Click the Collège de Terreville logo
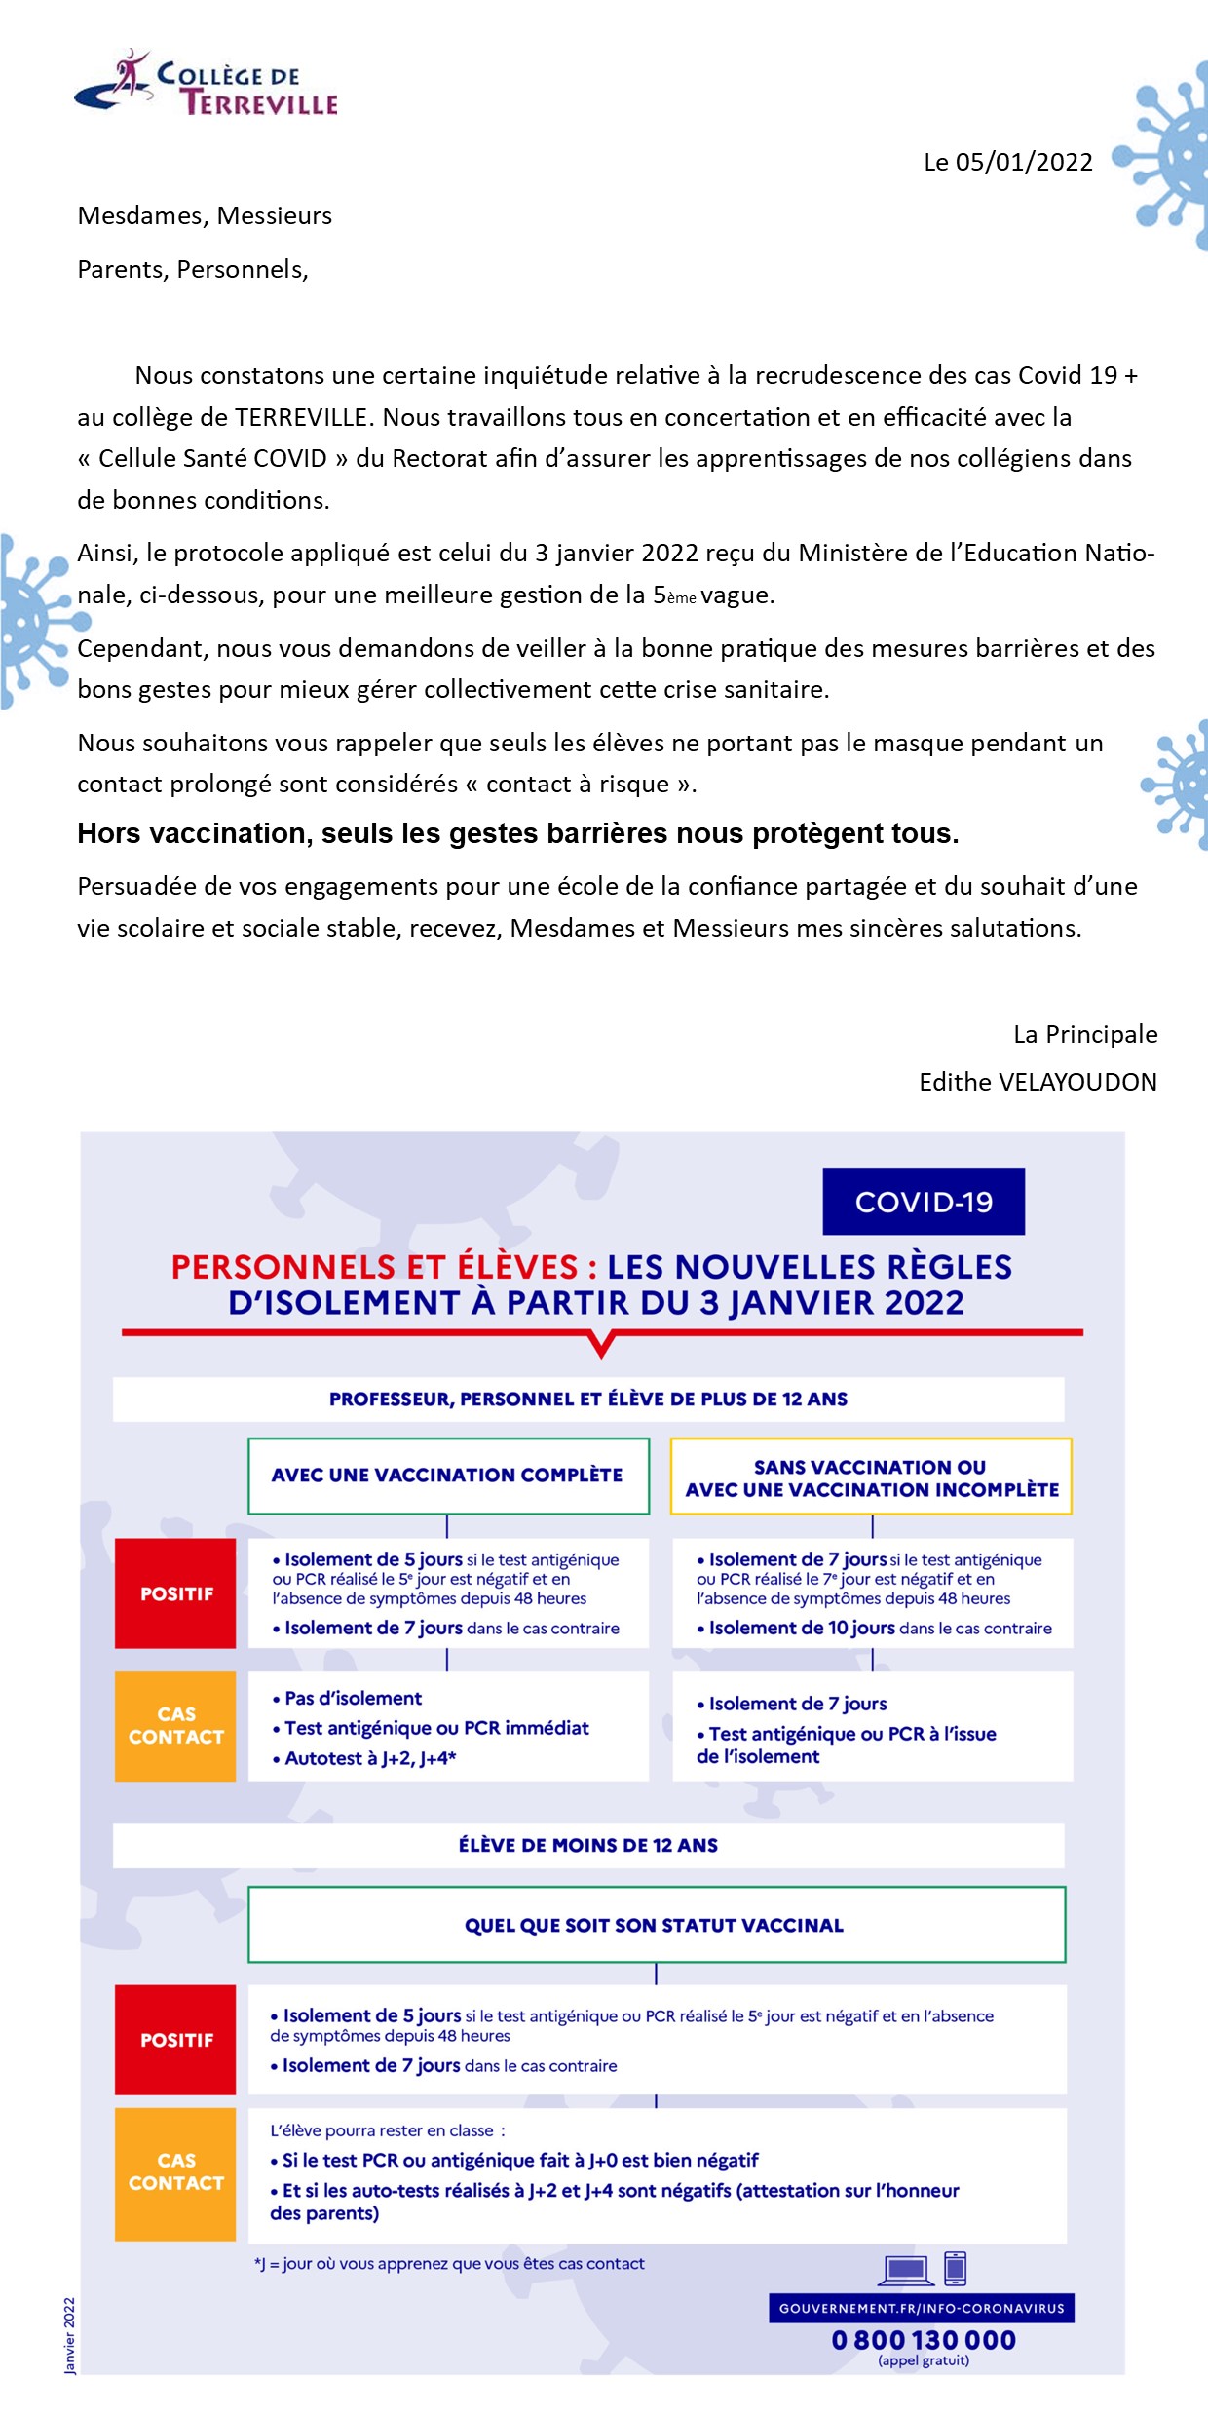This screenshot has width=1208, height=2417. point(207,85)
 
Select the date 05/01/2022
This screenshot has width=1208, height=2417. point(1024,162)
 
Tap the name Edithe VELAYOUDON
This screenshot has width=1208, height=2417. point(1038,1082)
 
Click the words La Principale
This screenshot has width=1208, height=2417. point(1085,1034)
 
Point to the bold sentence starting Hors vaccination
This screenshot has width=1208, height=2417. point(518,833)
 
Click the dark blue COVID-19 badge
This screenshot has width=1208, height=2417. point(924,1202)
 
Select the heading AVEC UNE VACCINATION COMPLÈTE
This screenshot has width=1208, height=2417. point(448,1476)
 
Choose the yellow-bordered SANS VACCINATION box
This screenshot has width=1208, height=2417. point(871,1477)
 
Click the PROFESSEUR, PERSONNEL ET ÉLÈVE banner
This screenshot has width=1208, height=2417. point(588,1400)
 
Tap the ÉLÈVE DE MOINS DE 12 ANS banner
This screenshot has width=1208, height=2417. point(588,1845)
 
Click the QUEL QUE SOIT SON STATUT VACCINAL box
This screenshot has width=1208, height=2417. point(656,1925)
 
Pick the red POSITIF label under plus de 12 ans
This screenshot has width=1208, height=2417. point(176,1593)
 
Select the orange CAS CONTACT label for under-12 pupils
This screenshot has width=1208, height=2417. point(176,2172)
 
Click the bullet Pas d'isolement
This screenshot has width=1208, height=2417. point(353,1698)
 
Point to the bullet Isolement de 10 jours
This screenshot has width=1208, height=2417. point(801,1628)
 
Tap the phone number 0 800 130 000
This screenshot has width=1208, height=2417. point(924,2340)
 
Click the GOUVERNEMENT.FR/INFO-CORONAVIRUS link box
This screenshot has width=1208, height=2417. point(922,2308)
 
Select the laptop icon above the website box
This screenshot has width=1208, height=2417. point(906,2270)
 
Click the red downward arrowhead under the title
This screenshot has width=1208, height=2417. point(602,1347)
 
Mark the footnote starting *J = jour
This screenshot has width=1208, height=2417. point(449,2263)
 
